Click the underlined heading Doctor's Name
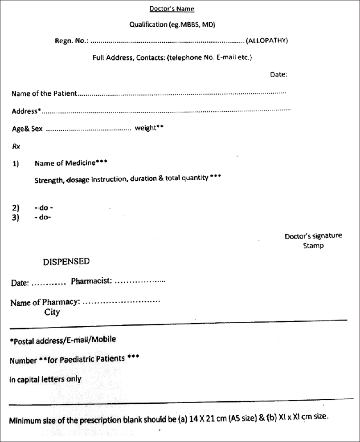pyautogui.click(x=172, y=9)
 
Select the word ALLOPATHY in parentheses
pyautogui.click(x=267, y=41)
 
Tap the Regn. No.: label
pyautogui.click(x=72, y=41)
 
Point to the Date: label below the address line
pyautogui.click(x=278, y=74)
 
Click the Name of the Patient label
pyautogui.click(x=44, y=93)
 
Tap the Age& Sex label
pyautogui.click(x=27, y=129)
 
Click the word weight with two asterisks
pyautogui.click(x=149, y=128)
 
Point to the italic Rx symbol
pyautogui.click(x=16, y=146)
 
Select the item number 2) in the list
pyautogui.click(x=16, y=208)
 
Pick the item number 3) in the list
pyautogui.click(x=16, y=218)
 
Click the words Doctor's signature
pyautogui.click(x=313, y=236)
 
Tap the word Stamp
pyautogui.click(x=313, y=245)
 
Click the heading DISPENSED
pyautogui.click(x=66, y=262)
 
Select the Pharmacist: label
pyautogui.click(x=91, y=281)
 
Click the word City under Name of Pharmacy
pyautogui.click(x=52, y=312)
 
